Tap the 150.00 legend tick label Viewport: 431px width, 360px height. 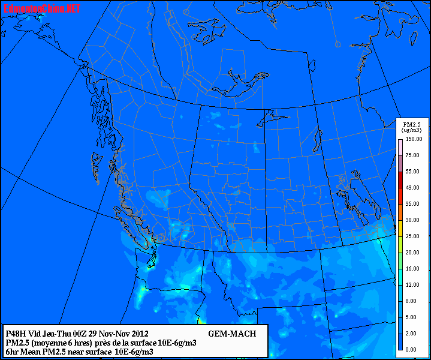412,139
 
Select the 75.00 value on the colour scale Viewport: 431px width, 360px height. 412,155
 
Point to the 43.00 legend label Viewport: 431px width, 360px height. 412,188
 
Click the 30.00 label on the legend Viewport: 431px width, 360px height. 412,220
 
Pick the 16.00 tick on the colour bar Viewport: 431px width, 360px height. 412,269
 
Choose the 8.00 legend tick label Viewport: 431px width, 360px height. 412,301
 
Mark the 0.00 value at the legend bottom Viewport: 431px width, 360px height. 412,349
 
